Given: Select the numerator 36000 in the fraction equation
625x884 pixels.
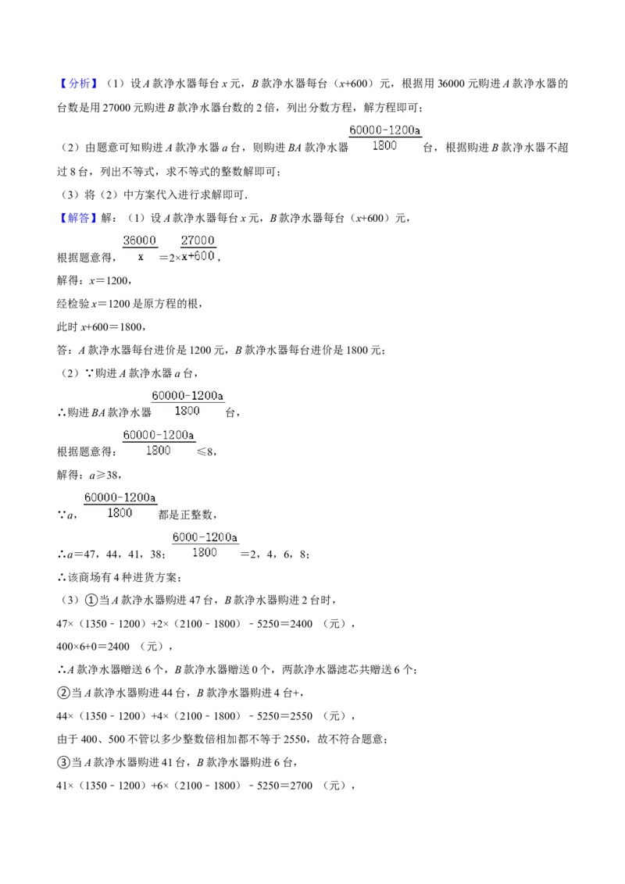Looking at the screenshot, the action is point(139,241).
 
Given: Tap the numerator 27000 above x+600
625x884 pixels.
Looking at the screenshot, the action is point(198,241).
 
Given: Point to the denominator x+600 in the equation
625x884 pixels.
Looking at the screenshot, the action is point(198,256).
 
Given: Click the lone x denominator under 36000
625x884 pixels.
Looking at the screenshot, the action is point(141,257).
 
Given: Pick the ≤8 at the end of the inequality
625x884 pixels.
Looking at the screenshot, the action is point(205,451).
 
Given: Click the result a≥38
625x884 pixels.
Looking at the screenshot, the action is point(104,476).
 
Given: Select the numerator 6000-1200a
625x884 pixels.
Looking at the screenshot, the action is point(205,537).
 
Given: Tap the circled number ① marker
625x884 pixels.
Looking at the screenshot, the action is point(91,601).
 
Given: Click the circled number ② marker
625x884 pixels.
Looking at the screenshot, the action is point(63,693).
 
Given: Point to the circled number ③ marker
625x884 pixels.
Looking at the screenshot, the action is point(63,762).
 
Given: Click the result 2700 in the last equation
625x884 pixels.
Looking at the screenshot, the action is point(301,786).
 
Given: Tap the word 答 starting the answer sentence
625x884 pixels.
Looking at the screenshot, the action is point(62,350).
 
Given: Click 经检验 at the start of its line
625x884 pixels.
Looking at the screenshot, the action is point(73,304).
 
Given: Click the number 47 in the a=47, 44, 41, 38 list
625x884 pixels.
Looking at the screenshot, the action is point(89,554).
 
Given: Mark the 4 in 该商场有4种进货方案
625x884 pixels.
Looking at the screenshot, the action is point(116,578).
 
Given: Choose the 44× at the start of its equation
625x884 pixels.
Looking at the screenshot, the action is point(66,717).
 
